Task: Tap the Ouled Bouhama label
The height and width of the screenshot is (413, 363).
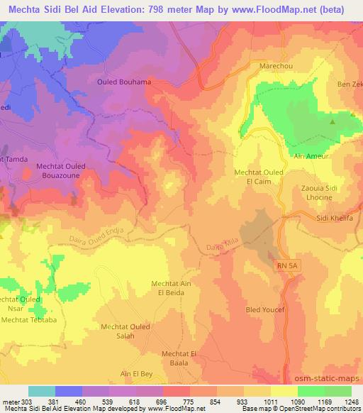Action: point(124,82)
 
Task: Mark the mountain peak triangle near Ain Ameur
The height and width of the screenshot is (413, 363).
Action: point(333,121)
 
